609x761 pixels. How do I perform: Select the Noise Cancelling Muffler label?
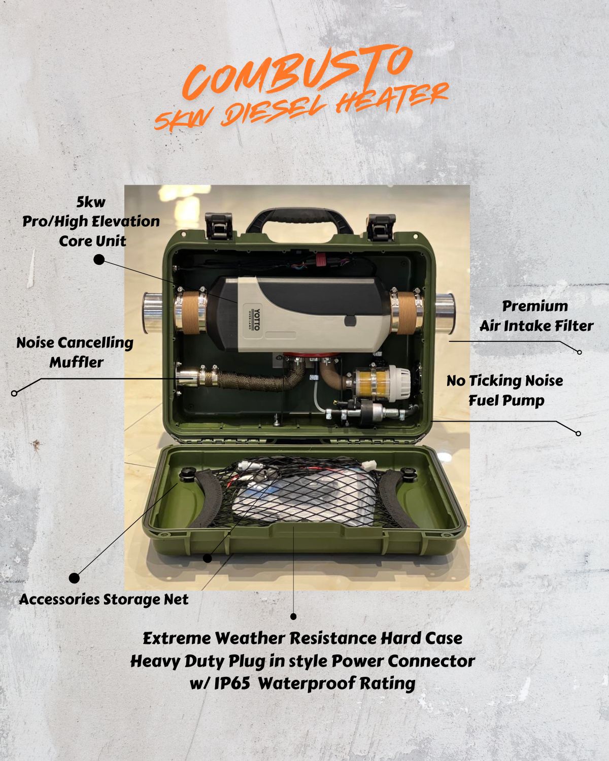(x=75, y=352)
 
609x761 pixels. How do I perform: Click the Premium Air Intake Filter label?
(x=536, y=316)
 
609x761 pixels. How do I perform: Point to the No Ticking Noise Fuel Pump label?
(x=505, y=390)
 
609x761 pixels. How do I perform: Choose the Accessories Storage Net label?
(x=104, y=599)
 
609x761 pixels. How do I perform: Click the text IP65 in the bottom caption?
(x=231, y=683)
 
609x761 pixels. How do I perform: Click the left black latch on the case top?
(x=219, y=226)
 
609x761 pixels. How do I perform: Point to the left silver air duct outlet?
(x=150, y=313)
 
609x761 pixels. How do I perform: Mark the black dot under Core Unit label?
(x=99, y=260)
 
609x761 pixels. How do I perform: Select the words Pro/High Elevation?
(x=91, y=221)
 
